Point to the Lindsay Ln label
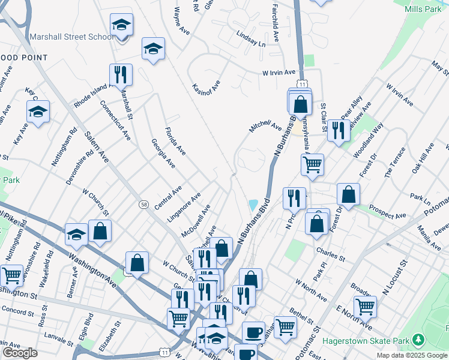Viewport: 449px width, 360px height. point(250,39)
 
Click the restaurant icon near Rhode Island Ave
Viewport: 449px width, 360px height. point(121,74)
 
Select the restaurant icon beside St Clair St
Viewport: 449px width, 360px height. point(339,130)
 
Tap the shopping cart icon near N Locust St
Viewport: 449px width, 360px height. point(365,307)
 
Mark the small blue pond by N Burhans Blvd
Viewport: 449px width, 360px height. point(253,205)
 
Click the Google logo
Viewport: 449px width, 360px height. point(20,353)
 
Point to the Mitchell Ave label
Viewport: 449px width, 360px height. point(265,127)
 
